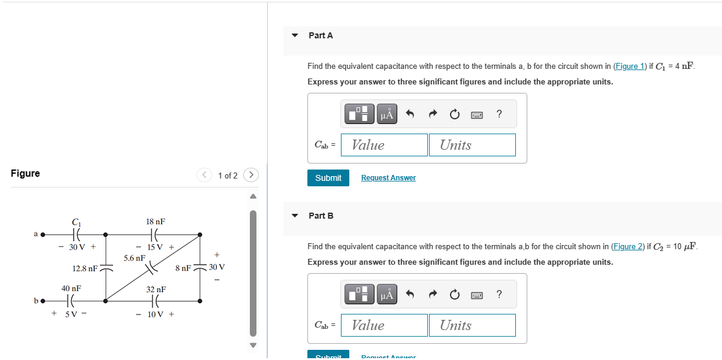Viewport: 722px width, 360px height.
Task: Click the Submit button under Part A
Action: (x=328, y=178)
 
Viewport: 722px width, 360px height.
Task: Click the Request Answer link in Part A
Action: (x=388, y=178)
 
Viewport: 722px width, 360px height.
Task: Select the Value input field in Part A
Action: (x=384, y=145)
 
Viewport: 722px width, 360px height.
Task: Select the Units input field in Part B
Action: (x=472, y=325)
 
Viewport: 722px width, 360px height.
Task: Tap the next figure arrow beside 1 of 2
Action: (x=252, y=175)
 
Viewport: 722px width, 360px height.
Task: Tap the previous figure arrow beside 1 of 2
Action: (x=204, y=175)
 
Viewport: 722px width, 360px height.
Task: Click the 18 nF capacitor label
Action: (x=155, y=222)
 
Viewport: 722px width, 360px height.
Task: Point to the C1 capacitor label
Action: (x=76, y=222)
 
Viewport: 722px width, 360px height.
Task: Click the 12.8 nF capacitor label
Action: (x=84, y=268)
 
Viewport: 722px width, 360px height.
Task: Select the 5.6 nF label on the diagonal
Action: (x=134, y=258)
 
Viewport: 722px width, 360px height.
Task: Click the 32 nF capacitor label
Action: (x=156, y=289)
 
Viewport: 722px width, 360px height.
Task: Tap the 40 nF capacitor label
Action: (x=71, y=288)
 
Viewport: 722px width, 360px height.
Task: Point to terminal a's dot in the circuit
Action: (x=43, y=234)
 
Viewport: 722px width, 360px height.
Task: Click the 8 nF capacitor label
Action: (x=183, y=268)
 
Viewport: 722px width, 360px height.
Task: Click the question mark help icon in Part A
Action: (x=499, y=114)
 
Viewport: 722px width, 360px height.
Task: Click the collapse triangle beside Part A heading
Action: (x=295, y=35)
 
